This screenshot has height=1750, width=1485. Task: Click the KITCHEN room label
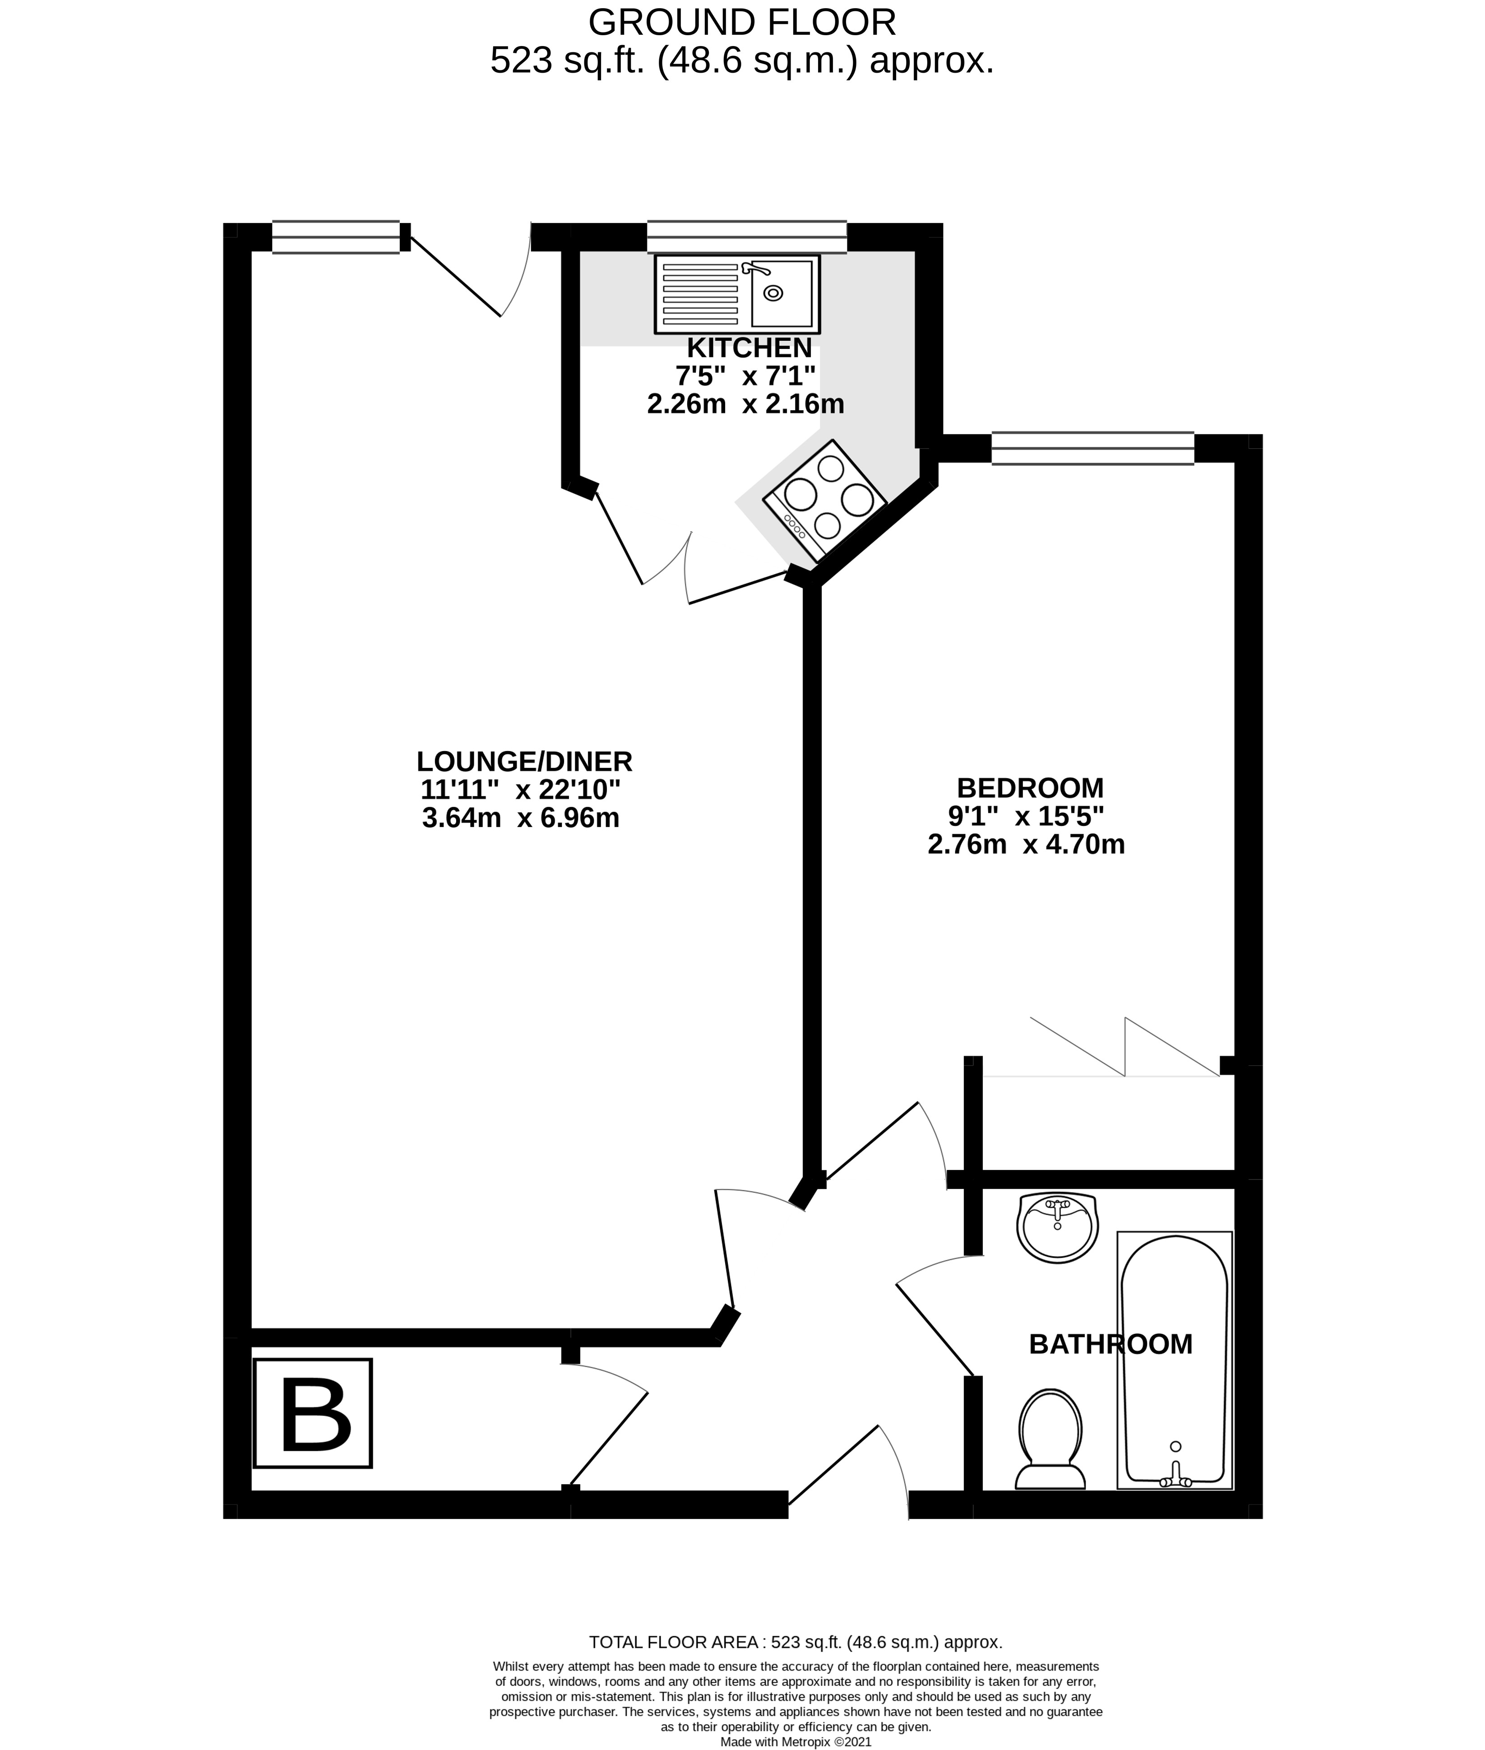tap(749, 348)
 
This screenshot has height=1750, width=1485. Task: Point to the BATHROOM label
tap(1110, 1344)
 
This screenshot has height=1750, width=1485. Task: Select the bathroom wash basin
tap(1057, 1229)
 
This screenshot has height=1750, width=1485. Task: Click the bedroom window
tap(1093, 448)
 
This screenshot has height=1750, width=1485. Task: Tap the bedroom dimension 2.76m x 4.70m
tap(1026, 844)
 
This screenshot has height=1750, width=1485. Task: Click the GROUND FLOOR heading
tap(743, 22)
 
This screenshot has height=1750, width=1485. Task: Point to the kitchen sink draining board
tap(700, 293)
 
